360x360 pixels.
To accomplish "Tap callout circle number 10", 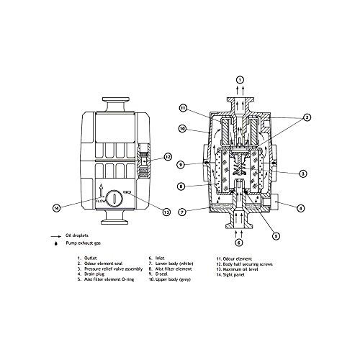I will pyautogui.click(x=183, y=129).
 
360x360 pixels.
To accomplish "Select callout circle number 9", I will pyautogui.click(x=183, y=163).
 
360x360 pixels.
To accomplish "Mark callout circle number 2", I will pyautogui.click(x=306, y=117).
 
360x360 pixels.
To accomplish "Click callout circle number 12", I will pyautogui.click(x=167, y=156).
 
